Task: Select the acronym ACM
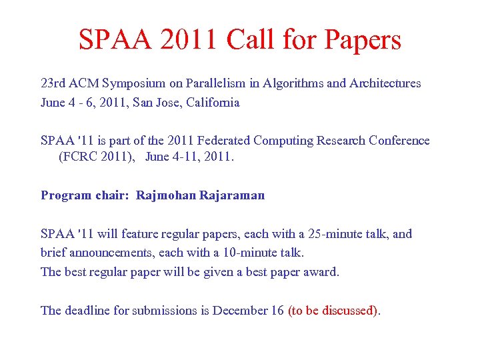83,84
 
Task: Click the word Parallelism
207,84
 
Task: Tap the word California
212,103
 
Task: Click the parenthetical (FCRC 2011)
97,157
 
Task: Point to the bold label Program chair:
84,195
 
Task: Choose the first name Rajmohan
164,195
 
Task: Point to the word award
322,272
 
